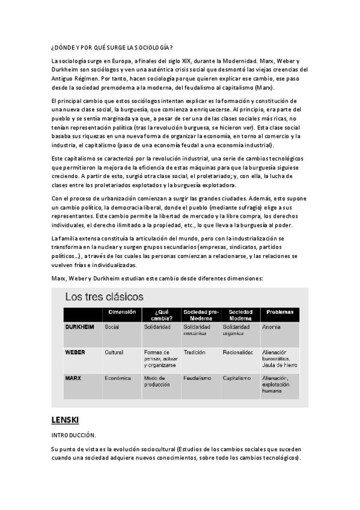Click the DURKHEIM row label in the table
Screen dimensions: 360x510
click(x=78, y=327)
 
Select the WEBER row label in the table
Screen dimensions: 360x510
click(x=75, y=352)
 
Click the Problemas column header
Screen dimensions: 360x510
click(x=279, y=312)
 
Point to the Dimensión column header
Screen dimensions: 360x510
click(x=122, y=312)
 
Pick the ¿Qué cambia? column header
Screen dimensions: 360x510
click(x=160, y=315)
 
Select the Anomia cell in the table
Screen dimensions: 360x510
click(x=271, y=327)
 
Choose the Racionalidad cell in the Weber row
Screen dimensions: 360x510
click(x=238, y=352)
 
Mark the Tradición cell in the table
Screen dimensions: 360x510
click(x=195, y=352)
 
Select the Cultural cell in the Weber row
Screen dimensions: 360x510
click(x=114, y=352)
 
